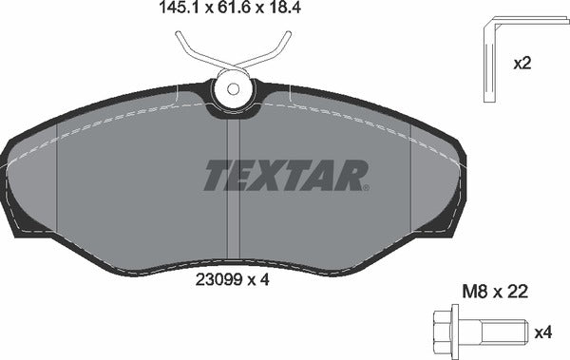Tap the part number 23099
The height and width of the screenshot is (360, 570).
[x=220, y=281]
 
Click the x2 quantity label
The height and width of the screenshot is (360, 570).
[x=522, y=65]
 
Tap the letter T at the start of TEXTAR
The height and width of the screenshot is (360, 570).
[x=219, y=176]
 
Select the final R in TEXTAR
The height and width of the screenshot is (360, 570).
[x=353, y=176]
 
